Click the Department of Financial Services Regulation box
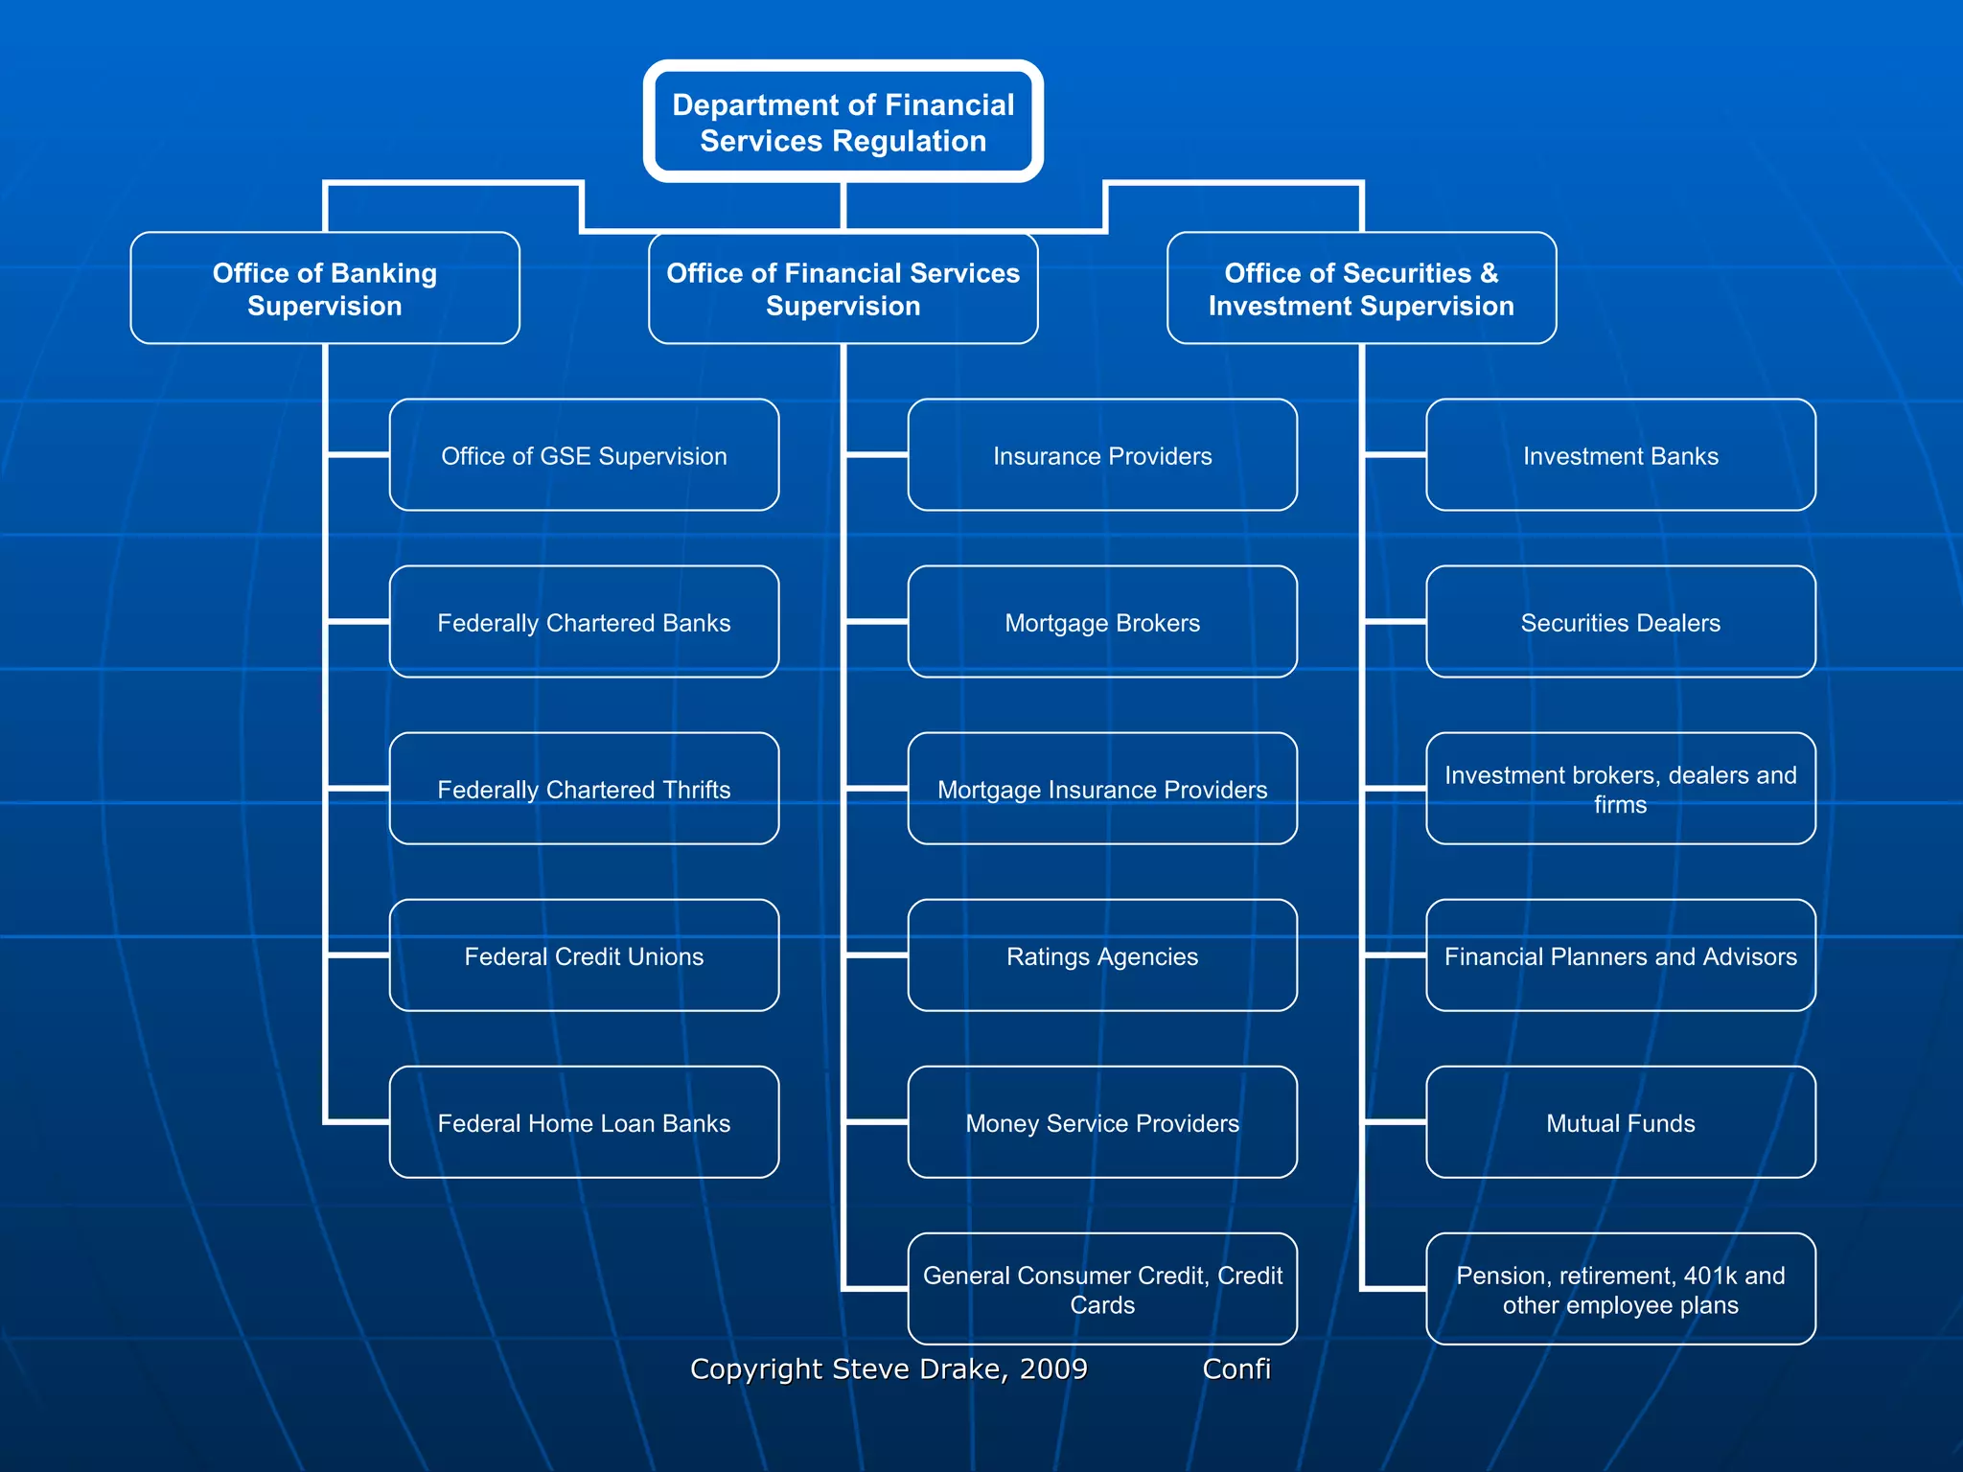coord(843,122)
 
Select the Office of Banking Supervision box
coord(325,288)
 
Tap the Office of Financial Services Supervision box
coord(843,288)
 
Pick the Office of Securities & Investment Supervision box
coord(1361,288)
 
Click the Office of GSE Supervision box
coord(584,455)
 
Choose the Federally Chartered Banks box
coord(584,622)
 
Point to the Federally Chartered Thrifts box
coord(584,789)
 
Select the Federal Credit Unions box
coord(584,955)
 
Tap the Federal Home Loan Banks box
coord(584,1122)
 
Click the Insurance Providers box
coord(1102,455)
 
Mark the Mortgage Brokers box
coord(1102,622)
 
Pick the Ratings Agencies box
coord(1102,955)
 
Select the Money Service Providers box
coord(1102,1122)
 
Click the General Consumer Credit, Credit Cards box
coord(1102,1289)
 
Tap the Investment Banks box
coord(1620,455)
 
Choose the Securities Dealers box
coord(1620,622)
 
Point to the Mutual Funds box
coord(1620,1122)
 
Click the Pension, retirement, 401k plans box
coord(1620,1289)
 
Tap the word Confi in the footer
coord(1236,1368)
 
